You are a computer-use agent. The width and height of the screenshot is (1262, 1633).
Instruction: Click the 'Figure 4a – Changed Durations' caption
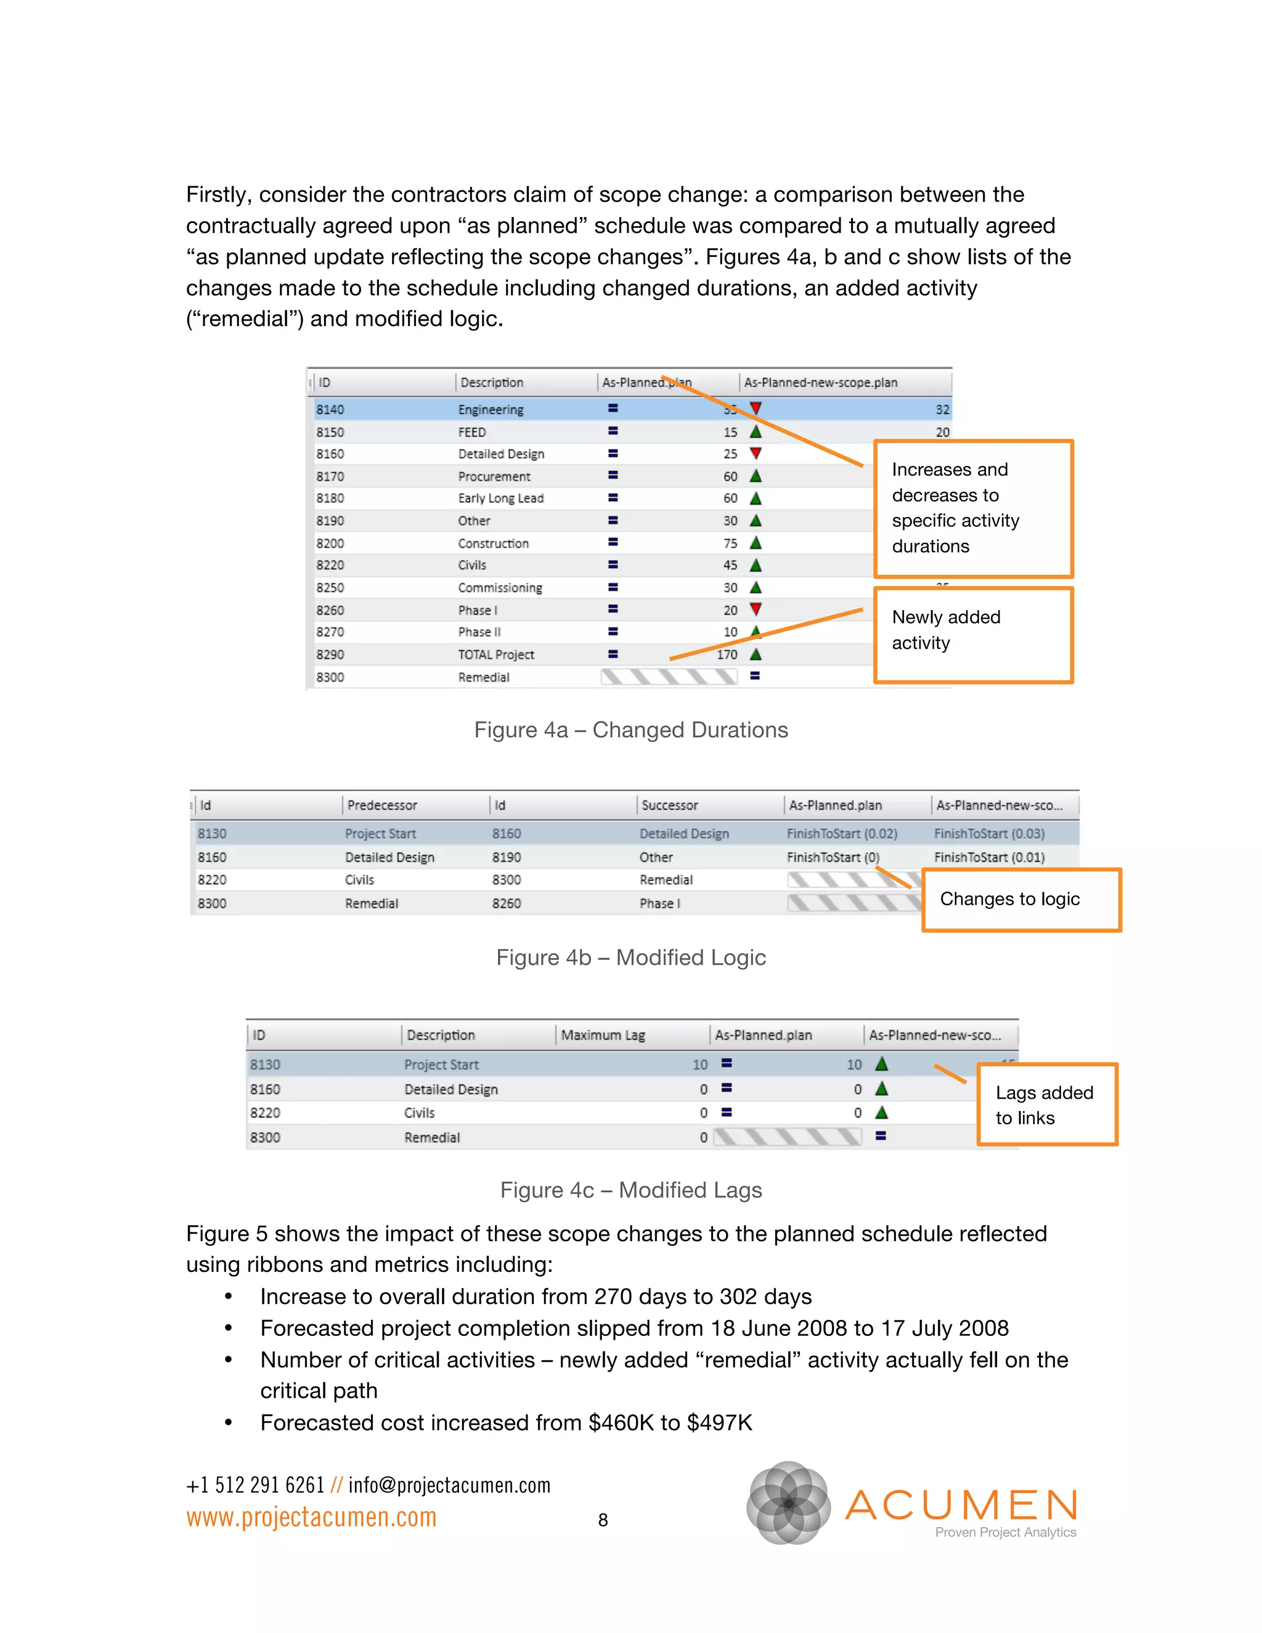pos(631,730)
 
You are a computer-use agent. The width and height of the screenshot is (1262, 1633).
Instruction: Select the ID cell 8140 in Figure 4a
pos(330,410)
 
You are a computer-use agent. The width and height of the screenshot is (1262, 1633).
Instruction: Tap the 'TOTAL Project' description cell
pos(495,655)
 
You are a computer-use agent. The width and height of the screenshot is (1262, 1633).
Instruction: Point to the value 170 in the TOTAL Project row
pos(727,655)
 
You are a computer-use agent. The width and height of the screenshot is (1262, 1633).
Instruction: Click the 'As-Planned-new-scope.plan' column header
pos(820,383)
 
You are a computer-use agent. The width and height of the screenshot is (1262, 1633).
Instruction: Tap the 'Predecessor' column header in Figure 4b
pos(382,805)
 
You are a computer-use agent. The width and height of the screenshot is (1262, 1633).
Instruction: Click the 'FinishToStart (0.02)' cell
pos(842,834)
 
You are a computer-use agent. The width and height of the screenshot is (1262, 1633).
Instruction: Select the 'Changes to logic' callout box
pos(1020,900)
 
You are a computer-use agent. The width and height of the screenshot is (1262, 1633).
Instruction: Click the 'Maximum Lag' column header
pos(603,1036)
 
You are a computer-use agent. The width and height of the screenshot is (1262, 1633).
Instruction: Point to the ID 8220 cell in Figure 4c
pos(266,1114)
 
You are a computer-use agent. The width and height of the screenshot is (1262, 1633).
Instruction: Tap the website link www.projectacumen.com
pos(311,1518)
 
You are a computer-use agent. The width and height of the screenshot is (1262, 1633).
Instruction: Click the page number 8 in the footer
pos(603,1520)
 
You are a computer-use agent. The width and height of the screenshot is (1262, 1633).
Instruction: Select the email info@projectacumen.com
pos(449,1485)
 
